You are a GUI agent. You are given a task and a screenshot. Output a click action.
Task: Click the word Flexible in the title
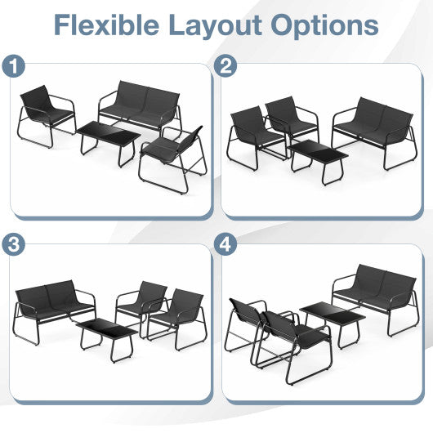(x=109, y=25)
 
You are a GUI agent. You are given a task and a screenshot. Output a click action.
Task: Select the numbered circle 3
(x=12, y=244)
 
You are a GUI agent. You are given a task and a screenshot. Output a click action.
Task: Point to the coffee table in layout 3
(x=107, y=330)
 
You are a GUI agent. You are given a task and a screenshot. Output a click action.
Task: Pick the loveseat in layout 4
(x=376, y=294)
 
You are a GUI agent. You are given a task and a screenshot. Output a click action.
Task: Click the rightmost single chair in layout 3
(x=178, y=314)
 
